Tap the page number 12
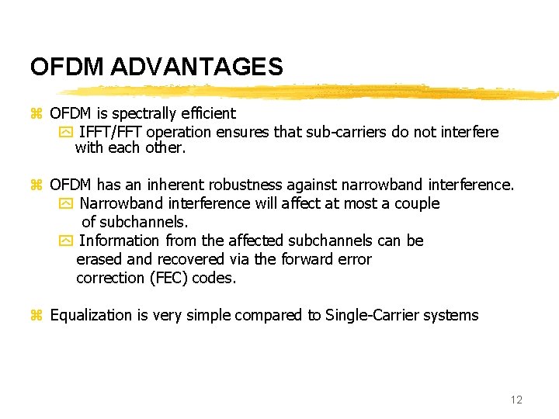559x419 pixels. pos(516,400)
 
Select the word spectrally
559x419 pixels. pos(144,113)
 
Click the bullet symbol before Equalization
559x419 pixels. pos(35,316)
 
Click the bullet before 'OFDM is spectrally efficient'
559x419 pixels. pos(35,114)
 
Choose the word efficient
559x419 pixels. pos(207,113)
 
